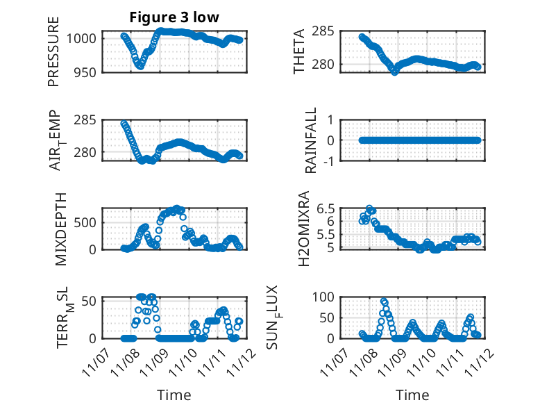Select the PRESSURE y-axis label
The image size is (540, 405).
pos(53,51)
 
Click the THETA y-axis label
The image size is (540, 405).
pos(299,51)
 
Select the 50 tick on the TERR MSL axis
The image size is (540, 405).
pos(90,301)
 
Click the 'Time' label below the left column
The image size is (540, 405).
pos(174,395)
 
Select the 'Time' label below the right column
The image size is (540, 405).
pos(412,395)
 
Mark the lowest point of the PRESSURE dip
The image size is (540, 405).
pos(140,66)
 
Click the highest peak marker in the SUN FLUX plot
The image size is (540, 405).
pos(384,301)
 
